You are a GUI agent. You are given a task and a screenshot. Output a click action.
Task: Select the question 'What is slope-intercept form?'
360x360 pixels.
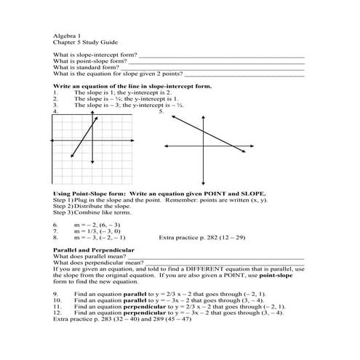[x=95, y=55]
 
